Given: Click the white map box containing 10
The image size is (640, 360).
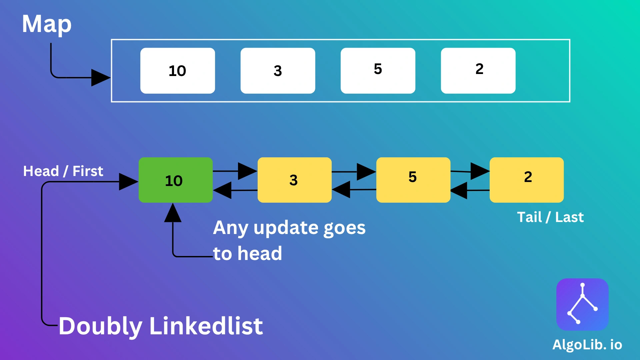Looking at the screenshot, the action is (178, 71).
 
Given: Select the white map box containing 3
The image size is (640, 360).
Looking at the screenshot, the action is (278, 71).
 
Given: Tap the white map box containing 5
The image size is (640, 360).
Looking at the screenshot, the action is (378, 71).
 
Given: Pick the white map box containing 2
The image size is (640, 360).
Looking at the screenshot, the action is (478, 71).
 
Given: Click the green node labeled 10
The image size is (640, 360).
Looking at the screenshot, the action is (176, 180).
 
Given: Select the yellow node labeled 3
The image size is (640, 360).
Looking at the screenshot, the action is (295, 180).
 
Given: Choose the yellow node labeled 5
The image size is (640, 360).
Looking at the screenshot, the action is (413, 180).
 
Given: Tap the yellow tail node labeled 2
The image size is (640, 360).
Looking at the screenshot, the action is (527, 180).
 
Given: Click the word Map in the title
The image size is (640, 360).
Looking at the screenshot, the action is (47, 25).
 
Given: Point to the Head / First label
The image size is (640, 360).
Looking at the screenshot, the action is (63, 171).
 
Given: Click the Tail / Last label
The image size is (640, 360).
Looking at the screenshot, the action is (550, 217).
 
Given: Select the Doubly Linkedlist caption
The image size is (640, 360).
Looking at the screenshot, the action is (161, 326).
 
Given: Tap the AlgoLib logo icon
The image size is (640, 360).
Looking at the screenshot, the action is (582, 304).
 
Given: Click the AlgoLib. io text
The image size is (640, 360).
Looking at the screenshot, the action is (587, 345).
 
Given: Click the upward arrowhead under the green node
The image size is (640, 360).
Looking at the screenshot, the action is (173, 213).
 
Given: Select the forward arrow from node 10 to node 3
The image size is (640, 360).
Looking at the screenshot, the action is (235, 171).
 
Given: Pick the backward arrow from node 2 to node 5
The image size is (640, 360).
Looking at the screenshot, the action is (470, 190).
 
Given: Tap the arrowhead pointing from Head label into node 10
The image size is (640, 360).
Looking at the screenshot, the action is (129, 182).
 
